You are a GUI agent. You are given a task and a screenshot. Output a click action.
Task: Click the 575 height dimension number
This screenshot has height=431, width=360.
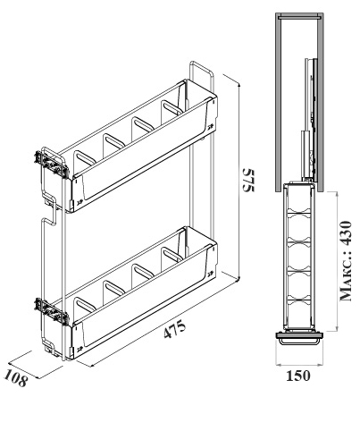tap(248, 181)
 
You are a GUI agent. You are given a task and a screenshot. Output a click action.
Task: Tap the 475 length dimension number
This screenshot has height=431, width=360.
tap(175, 329)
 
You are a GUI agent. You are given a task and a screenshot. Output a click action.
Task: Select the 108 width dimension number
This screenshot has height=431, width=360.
tap(16, 378)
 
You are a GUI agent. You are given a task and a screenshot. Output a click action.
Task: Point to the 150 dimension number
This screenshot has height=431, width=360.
tap(298, 376)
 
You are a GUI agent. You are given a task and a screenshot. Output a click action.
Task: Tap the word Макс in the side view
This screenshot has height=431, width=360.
tap(346, 280)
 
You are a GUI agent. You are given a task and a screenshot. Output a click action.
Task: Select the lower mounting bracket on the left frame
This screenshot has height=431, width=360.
tap(51, 312)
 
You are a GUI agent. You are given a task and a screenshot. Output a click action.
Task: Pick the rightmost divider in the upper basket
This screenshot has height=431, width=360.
tap(172, 111)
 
